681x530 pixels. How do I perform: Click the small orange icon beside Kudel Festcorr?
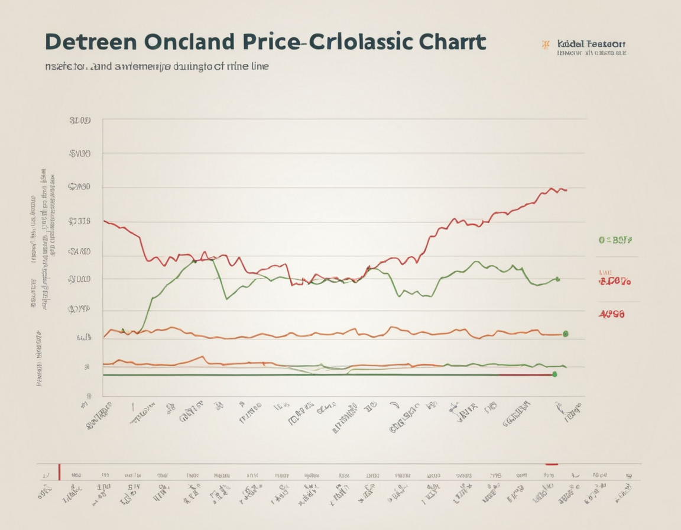pyautogui.click(x=546, y=44)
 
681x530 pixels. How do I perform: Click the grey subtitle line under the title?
pyautogui.click(x=157, y=66)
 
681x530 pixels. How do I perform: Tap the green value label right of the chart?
pyautogui.click(x=615, y=241)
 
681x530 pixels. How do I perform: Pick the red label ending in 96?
pyautogui.click(x=611, y=314)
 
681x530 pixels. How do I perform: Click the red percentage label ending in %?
pyautogui.click(x=615, y=282)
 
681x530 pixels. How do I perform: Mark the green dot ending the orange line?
pyautogui.click(x=565, y=334)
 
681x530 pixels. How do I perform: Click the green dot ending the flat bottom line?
pyautogui.click(x=554, y=374)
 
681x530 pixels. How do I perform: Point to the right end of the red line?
pyautogui.click(x=566, y=190)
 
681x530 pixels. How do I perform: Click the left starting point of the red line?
pyautogui.click(x=105, y=221)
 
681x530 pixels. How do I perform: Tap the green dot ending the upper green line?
pyautogui.click(x=557, y=279)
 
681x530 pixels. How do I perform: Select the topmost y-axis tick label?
pyautogui.click(x=80, y=120)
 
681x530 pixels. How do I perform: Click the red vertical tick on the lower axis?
pyautogui.click(x=59, y=472)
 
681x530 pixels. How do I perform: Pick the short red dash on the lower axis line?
pyautogui.click(x=552, y=464)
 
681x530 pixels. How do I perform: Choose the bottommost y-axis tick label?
pyautogui.click(x=89, y=396)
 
